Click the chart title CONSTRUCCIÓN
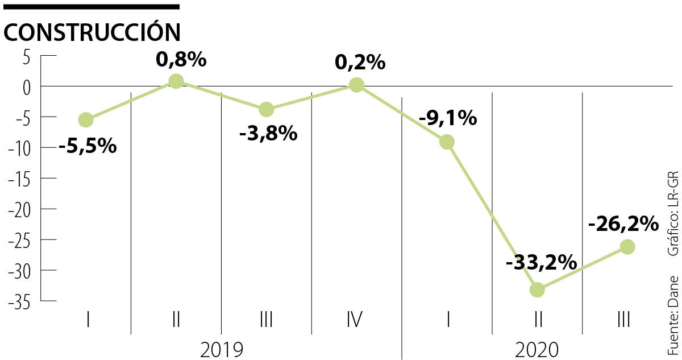point(92,32)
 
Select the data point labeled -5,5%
point(86,119)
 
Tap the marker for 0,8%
point(176,81)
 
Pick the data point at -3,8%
point(266,109)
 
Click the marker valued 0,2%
point(356,85)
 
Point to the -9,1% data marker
point(447,142)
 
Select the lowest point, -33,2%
point(537,289)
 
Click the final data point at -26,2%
point(627,247)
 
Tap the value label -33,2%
point(541,263)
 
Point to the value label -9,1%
point(447,118)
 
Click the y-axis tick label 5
point(27,56)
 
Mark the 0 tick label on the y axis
point(26,86)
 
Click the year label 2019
point(222,349)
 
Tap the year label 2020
point(537,349)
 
